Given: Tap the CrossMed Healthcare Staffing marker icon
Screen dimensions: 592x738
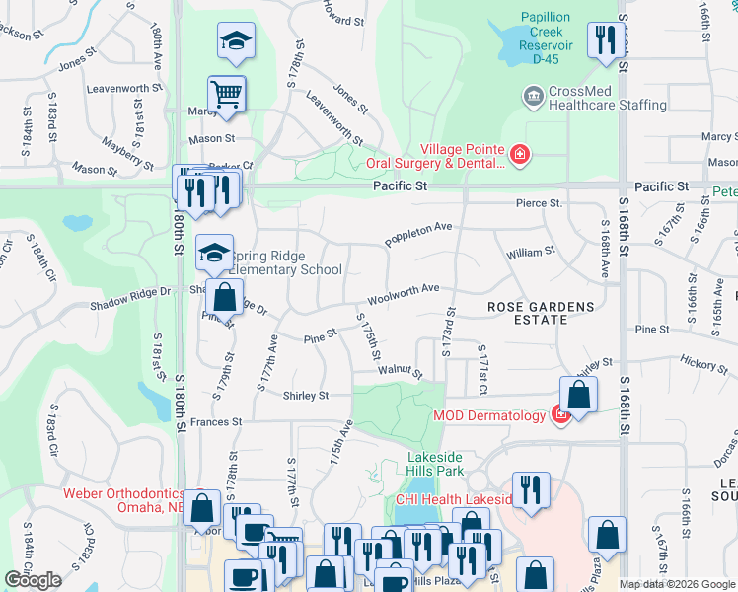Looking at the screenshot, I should (x=533, y=97).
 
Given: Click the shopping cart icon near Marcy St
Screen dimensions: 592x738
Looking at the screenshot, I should (x=227, y=95).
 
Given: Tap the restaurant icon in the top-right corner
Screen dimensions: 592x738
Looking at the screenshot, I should (x=601, y=40).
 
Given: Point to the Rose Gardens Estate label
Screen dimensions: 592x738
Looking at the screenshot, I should (x=542, y=314).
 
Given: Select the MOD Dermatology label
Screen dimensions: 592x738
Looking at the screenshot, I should (x=488, y=415).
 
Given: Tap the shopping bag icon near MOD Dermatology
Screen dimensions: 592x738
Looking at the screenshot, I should (x=579, y=396).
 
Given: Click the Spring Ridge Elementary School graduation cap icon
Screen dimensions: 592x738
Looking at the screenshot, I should (x=214, y=253).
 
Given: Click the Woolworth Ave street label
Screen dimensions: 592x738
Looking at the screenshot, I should (x=404, y=293).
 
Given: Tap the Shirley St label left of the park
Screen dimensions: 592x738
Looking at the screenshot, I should (x=306, y=396).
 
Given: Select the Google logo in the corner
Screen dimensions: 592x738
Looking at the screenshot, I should (x=33, y=580).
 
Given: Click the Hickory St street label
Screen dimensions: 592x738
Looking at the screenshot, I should (x=702, y=365).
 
